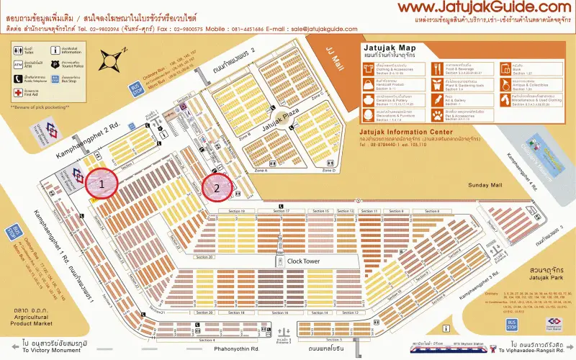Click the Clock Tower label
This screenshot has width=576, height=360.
(x=303, y=261)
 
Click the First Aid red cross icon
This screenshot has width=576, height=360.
(x=17, y=93)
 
